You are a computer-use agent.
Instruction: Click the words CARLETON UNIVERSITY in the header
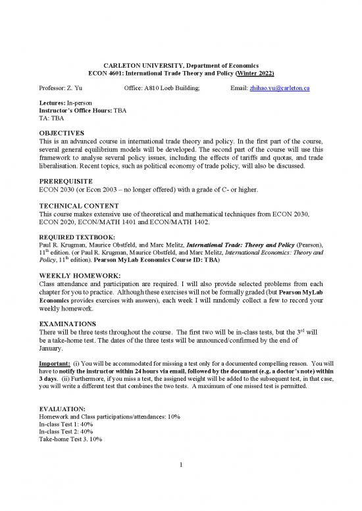[141, 64]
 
